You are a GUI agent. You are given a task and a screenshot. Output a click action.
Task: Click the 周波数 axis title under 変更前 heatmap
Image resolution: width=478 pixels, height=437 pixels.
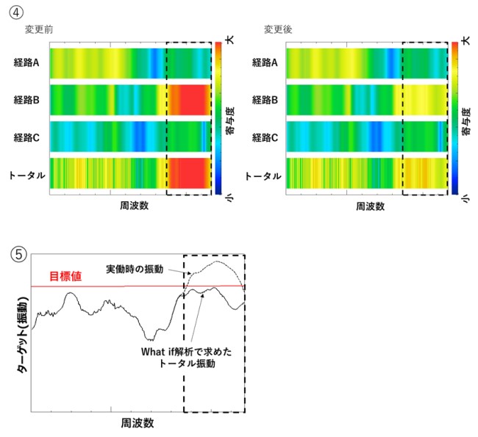click(x=134, y=206)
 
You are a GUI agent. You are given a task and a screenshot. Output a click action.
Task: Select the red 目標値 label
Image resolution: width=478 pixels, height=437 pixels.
click(x=65, y=277)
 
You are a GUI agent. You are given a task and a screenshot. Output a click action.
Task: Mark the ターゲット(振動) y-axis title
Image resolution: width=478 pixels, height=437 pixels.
click(x=22, y=334)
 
